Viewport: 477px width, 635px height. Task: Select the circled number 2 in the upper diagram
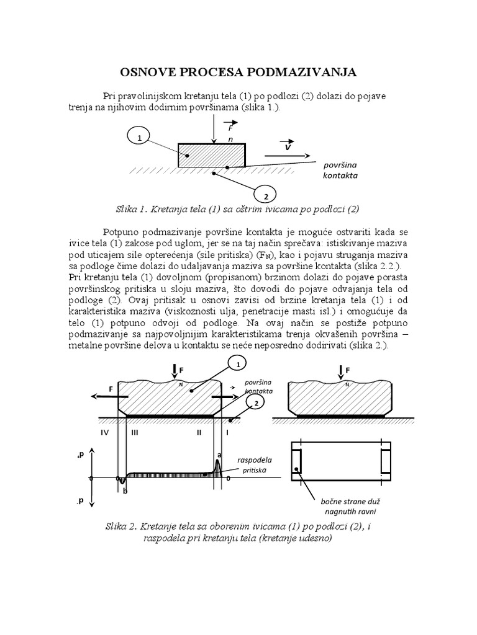pos(266,197)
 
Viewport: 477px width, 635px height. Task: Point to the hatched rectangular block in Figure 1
pos(211,155)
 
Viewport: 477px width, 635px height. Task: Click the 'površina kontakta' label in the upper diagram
pos(340,171)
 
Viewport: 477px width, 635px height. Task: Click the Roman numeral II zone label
pos(199,432)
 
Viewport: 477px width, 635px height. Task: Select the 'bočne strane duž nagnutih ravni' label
pos(340,505)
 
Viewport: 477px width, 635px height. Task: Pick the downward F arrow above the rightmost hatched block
pos(340,373)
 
